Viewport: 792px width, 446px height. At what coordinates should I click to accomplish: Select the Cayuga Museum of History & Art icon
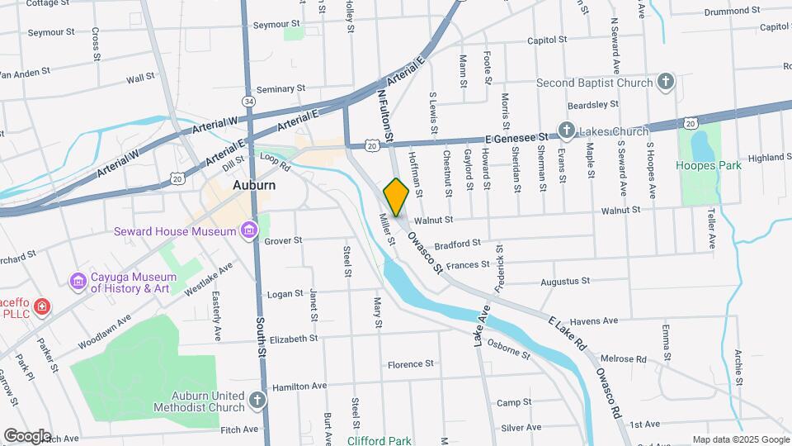pyautogui.click(x=78, y=282)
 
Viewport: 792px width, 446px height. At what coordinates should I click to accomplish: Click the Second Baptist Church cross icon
pyautogui.click(x=665, y=82)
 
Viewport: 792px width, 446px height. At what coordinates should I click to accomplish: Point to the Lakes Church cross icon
pyautogui.click(x=566, y=130)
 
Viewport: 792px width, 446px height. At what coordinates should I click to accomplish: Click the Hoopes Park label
pyautogui.click(x=709, y=165)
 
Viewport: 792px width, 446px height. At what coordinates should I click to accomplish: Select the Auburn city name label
pyautogui.click(x=253, y=185)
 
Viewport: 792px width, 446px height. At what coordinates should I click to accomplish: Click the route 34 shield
pyautogui.click(x=248, y=100)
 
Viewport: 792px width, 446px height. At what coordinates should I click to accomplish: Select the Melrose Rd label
pyautogui.click(x=623, y=359)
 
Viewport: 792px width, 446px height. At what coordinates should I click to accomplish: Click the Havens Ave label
pyautogui.click(x=594, y=320)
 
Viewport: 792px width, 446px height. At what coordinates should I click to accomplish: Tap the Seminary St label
pyautogui.click(x=280, y=88)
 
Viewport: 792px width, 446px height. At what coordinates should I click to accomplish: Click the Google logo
pyautogui.click(x=26, y=435)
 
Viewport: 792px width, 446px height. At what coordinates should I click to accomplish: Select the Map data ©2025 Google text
pyautogui.click(x=741, y=439)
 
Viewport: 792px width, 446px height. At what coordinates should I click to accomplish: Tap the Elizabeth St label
pyautogui.click(x=293, y=339)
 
